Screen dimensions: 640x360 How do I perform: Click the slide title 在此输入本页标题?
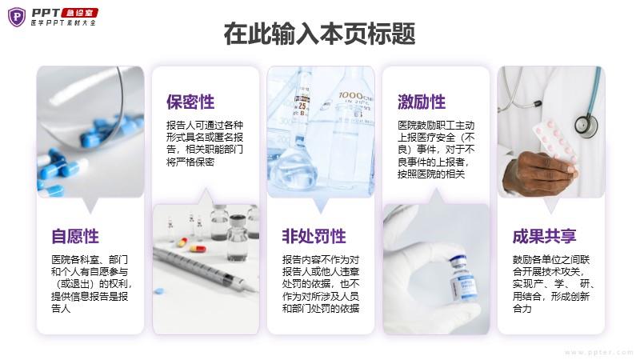click(x=319, y=34)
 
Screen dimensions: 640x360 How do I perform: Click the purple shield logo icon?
click(x=17, y=17)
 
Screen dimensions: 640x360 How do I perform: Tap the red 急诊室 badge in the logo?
click(x=79, y=13)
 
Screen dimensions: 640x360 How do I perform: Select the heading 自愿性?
click(x=75, y=236)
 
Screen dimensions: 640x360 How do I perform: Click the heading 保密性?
click(x=190, y=102)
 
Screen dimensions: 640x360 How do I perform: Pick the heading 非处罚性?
click(x=314, y=236)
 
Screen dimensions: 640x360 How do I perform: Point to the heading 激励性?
click(x=422, y=102)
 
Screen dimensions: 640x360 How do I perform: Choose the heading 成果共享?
click(x=545, y=236)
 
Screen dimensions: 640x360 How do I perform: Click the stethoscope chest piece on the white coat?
click(x=586, y=124)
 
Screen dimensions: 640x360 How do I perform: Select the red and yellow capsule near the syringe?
click(x=197, y=248)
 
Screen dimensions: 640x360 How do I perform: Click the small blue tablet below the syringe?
click(x=158, y=291)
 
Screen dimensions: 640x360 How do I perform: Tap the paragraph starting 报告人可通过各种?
click(x=205, y=144)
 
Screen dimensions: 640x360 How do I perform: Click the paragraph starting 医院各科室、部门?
click(x=91, y=284)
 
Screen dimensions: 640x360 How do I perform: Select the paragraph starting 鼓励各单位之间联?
click(x=554, y=284)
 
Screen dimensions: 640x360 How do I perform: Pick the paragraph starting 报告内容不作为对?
click(x=321, y=284)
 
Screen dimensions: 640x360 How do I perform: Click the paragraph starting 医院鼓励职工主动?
click(x=436, y=150)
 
